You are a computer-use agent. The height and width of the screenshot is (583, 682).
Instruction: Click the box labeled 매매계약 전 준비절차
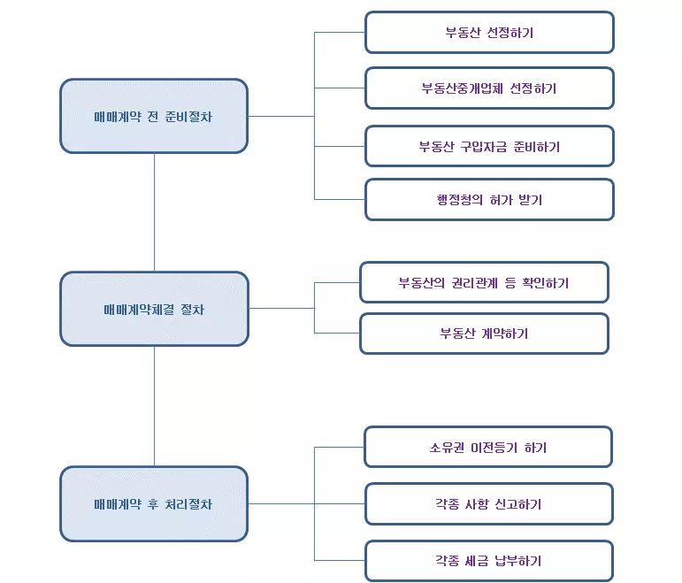coord(154,116)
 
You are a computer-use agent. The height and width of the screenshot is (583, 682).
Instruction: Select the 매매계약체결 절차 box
coord(154,309)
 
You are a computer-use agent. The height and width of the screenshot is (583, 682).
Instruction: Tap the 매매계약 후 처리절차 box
coord(154,504)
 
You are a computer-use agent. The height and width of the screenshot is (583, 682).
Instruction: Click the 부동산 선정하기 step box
coord(489,33)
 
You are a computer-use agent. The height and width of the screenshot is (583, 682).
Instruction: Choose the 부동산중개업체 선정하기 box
coord(489,88)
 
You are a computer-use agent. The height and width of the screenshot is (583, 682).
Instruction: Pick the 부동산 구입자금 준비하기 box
coord(489,146)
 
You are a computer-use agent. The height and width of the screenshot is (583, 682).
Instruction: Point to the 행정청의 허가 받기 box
coord(489,200)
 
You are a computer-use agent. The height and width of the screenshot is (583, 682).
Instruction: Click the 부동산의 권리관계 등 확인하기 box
coord(484,283)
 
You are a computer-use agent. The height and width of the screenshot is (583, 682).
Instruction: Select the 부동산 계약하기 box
coord(484,334)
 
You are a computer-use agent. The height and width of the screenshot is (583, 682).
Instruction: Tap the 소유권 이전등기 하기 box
coord(488,448)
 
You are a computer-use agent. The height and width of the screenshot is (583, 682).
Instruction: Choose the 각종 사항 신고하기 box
coord(489,504)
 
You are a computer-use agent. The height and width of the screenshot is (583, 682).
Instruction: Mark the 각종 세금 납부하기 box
coord(489,561)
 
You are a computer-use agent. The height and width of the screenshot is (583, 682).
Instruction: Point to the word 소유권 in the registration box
coord(448,448)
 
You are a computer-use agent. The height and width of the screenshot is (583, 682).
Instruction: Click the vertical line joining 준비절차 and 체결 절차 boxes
coord(154,212)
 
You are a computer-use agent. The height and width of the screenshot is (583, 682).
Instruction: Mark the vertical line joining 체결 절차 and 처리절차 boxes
coord(154,406)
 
